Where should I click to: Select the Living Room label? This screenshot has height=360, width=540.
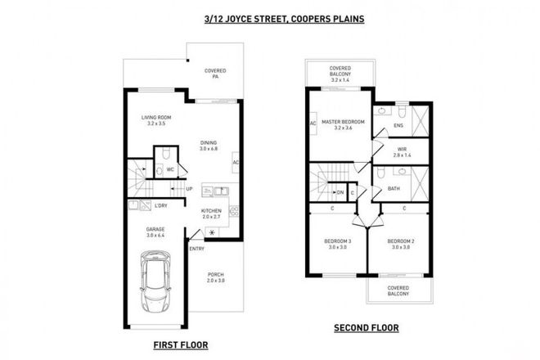(x=156, y=120)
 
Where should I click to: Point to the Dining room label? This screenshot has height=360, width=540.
(x=209, y=145)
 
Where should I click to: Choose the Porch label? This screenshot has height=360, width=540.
(x=215, y=277)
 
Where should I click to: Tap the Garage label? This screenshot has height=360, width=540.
(x=156, y=232)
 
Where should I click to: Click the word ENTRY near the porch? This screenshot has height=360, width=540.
(x=197, y=248)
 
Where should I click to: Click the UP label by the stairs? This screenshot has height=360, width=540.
(x=190, y=189)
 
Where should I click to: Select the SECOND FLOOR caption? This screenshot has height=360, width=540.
(x=366, y=329)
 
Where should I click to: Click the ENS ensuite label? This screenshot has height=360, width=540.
(x=398, y=126)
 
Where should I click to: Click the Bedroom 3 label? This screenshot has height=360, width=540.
(x=337, y=244)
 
